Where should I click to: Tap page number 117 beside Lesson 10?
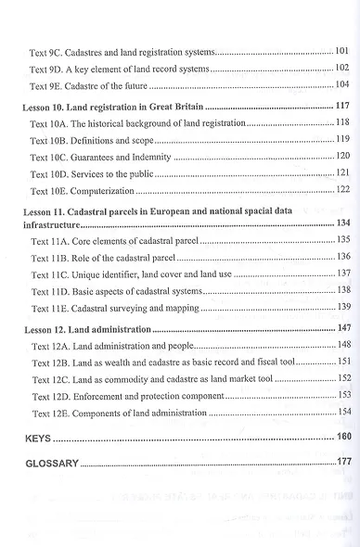[x=342, y=108]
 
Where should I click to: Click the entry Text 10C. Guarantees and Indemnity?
[x=100, y=157]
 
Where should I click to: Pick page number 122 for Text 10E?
[x=342, y=189]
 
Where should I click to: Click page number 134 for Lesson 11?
[x=342, y=223]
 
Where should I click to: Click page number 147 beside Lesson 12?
[x=342, y=328]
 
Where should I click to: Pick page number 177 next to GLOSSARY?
[x=342, y=461]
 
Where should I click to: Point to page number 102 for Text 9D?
[x=342, y=68]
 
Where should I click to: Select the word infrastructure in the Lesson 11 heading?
[x=55, y=224]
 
